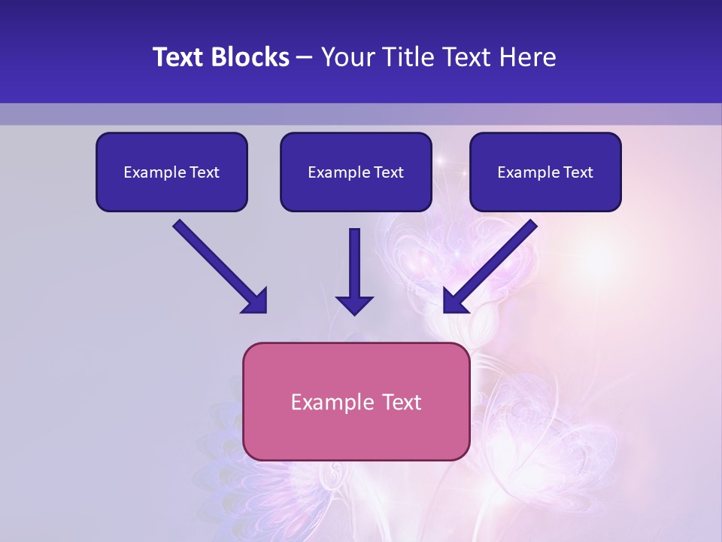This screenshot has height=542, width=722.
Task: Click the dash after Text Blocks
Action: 305,58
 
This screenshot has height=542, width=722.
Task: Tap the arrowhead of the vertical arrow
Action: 355,304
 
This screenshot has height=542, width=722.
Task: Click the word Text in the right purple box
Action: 578,172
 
